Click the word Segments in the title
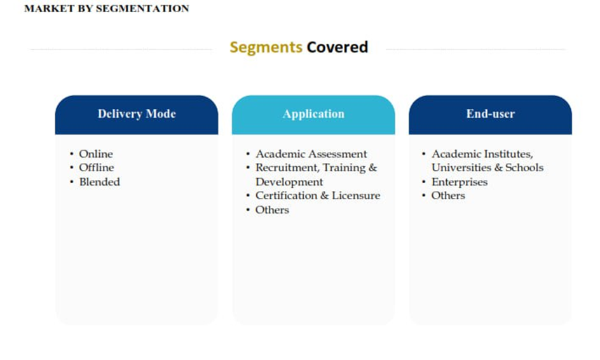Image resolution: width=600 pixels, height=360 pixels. tap(266, 48)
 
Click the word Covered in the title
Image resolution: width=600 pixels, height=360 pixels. tap(337, 47)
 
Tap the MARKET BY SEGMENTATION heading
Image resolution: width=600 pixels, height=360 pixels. tap(106, 8)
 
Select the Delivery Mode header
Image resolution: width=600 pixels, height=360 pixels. tap(137, 114)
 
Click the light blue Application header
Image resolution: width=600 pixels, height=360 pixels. tap(313, 114)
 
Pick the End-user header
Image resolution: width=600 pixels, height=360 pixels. tap(490, 114)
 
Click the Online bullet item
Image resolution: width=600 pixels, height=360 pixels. tap(96, 154)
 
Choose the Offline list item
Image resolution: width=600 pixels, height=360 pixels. tap(97, 168)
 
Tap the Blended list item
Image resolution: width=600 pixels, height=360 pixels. tap(100, 182)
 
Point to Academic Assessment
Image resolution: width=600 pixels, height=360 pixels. tap(311, 154)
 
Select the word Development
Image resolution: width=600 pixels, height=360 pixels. tap(289, 183)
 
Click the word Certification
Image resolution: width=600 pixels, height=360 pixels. tap(287, 196)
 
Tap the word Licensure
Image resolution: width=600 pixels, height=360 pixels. tap(356, 196)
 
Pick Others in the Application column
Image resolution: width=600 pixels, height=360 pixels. tap(272, 210)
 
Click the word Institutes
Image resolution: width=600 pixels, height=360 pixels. tap(508, 155)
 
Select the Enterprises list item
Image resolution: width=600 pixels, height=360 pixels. tap(460, 183)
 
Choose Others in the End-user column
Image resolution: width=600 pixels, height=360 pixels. tap(448, 196)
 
